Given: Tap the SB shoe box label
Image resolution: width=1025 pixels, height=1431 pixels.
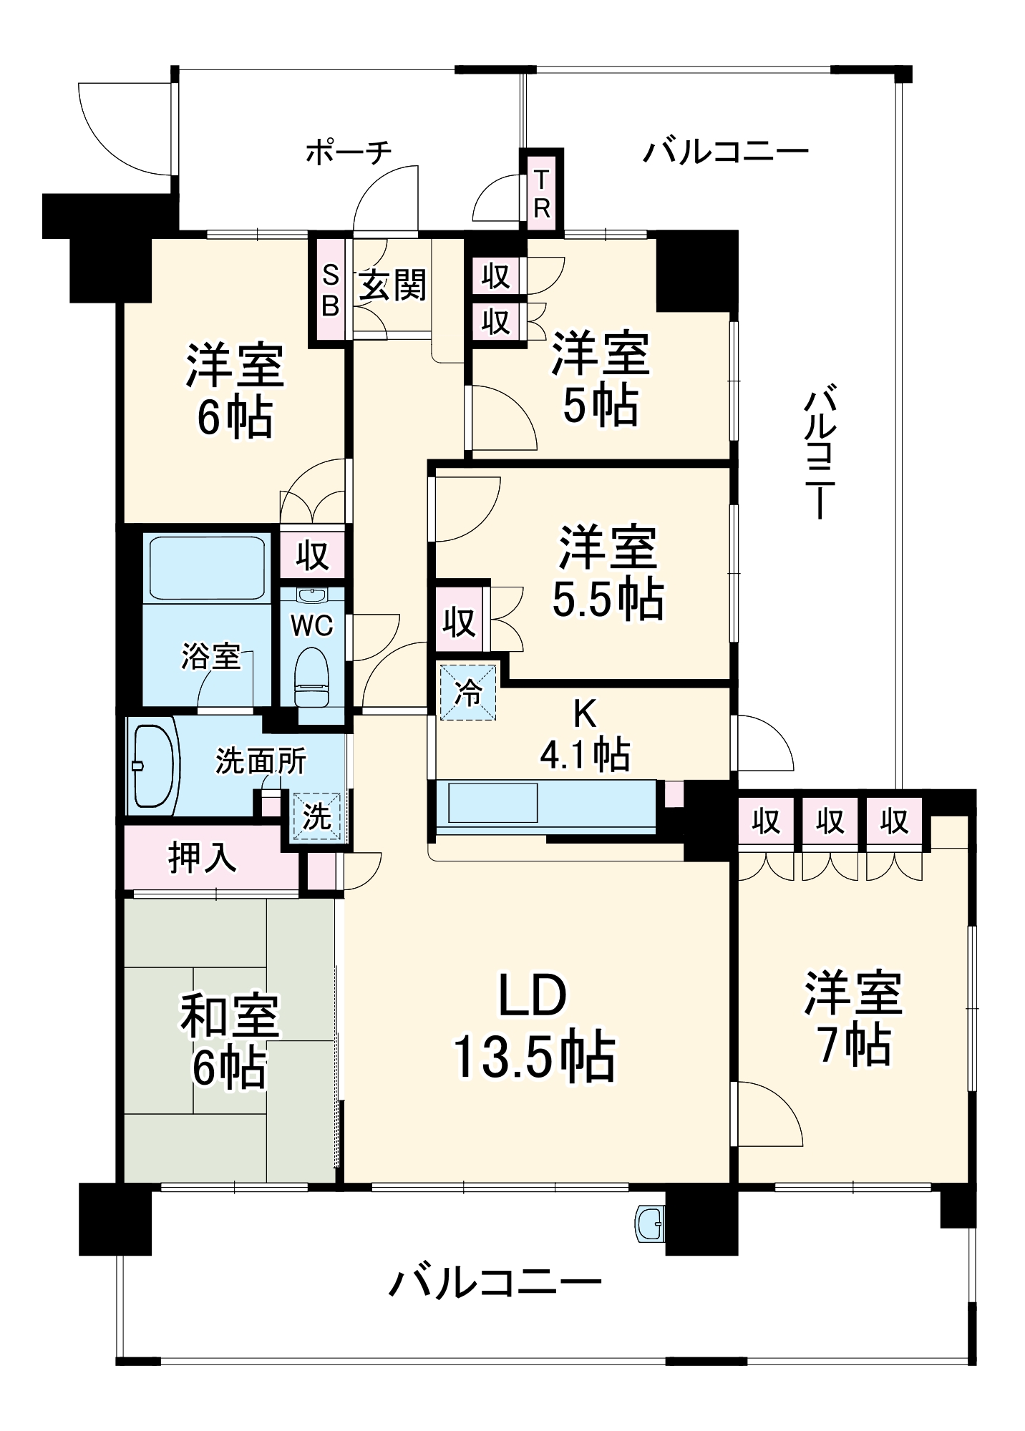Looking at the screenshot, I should click(330, 290).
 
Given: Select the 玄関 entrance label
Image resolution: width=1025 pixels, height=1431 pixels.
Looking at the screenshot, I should click(392, 285).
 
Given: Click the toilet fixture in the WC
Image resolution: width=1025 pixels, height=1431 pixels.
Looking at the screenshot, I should click(311, 675).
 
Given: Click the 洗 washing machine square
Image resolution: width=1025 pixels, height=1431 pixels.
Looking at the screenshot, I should click(316, 817).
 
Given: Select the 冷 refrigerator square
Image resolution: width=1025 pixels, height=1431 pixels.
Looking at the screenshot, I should click(468, 693).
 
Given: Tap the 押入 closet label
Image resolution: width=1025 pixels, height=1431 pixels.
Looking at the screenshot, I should click(203, 857).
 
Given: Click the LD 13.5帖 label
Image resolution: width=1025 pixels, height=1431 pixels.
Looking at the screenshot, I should click(533, 1027).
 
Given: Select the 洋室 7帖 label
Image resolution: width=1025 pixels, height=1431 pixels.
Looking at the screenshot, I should click(853, 1018).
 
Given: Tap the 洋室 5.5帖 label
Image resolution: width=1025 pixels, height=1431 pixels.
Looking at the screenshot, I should click(607, 572).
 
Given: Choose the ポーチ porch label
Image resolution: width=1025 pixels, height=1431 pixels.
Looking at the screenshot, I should click(349, 152).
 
